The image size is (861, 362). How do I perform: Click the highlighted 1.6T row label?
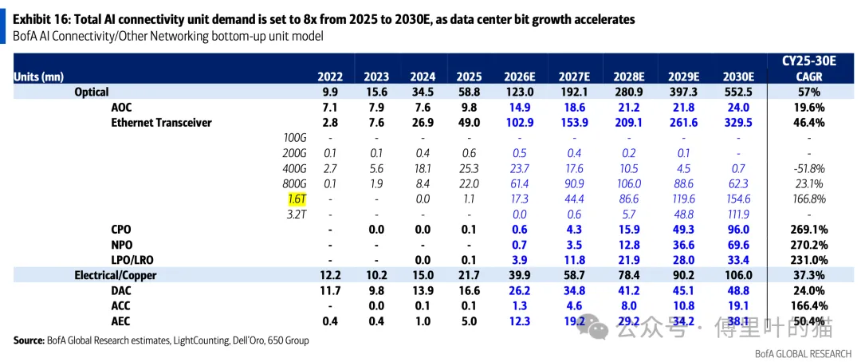pyautogui.click(x=296, y=199)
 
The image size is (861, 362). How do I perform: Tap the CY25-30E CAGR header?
pyautogui.click(x=809, y=69)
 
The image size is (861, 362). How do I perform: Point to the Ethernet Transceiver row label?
pyautogui.click(x=161, y=123)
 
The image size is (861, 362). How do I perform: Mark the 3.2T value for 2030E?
pyautogui.click(x=739, y=214)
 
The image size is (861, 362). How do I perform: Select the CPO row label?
pyautogui.click(x=121, y=230)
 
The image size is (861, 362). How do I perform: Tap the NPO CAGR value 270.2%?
pyautogui.click(x=809, y=245)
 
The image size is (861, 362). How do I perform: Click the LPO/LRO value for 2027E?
pyautogui.click(x=574, y=260)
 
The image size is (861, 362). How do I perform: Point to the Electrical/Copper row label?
pyautogui.click(x=116, y=275)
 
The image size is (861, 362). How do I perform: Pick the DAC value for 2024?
pyautogui.click(x=423, y=290)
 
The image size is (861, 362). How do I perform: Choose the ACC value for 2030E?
pyautogui.click(x=739, y=306)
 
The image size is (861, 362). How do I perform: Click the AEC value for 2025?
pyautogui.click(x=470, y=321)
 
